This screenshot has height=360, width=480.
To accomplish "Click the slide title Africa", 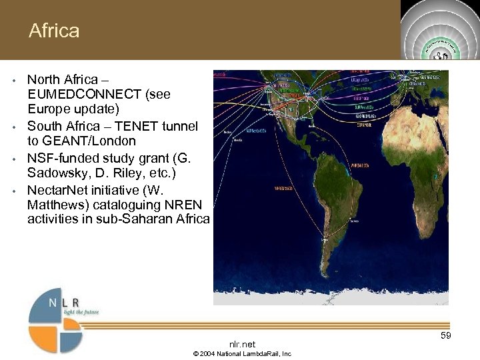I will point(54,31).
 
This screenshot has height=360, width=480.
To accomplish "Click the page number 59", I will point(446,335).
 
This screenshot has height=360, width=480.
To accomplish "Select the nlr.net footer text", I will point(242,344).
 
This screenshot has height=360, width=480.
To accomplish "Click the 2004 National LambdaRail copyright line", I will point(242,353).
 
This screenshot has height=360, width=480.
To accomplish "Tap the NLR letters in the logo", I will point(67,302).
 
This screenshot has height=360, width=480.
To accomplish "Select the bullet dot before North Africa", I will point(14,80).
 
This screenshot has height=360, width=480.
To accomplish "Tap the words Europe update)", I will point(73,109).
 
